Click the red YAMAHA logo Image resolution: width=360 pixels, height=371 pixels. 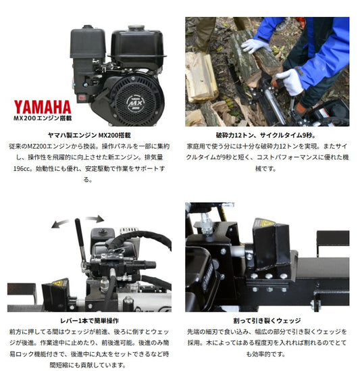(43, 107)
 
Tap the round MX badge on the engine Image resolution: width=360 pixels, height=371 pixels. (135, 103)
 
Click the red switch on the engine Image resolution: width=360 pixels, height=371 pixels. (82, 97)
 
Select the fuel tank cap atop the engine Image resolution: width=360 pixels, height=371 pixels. (136, 28)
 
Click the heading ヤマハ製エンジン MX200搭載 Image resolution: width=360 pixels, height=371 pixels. (89, 135)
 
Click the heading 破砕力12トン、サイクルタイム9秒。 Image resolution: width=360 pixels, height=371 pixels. (266, 135)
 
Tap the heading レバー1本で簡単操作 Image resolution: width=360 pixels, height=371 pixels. (89, 321)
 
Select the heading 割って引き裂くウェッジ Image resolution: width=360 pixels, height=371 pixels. (267, 321)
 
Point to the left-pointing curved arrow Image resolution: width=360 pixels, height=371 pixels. (60, 224)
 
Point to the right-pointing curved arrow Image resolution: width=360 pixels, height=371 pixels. (95, 219)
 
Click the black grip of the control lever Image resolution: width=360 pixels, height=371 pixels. (79, 232)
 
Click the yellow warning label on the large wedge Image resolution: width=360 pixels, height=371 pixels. (265, 222)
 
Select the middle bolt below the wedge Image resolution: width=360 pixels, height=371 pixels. (269, 276)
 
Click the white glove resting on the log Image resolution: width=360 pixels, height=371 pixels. (255, 45)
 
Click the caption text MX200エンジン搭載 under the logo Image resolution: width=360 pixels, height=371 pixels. (43, 118)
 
